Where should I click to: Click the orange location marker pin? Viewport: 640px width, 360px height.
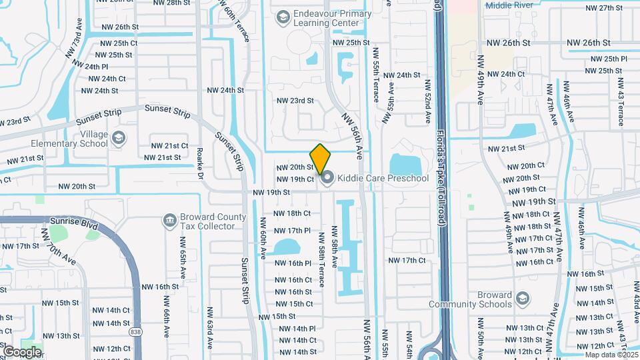coord(321,159)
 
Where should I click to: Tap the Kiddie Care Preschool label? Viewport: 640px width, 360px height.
coord(383,178)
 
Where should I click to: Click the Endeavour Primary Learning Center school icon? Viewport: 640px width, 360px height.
coord(283,16)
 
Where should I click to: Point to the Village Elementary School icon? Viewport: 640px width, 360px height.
coord(119,138)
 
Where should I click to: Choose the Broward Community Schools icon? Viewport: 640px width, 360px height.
coord(523,297)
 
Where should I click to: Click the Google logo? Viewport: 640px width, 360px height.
coord(22,351)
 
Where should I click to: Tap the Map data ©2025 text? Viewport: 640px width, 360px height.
coord(611,354)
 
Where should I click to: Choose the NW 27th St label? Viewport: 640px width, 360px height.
coord(603,8)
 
